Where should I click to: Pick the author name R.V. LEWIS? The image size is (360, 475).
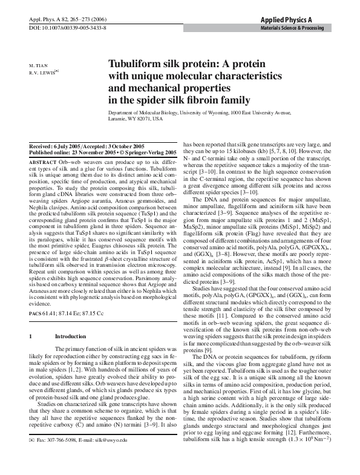[x=42, y=71]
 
